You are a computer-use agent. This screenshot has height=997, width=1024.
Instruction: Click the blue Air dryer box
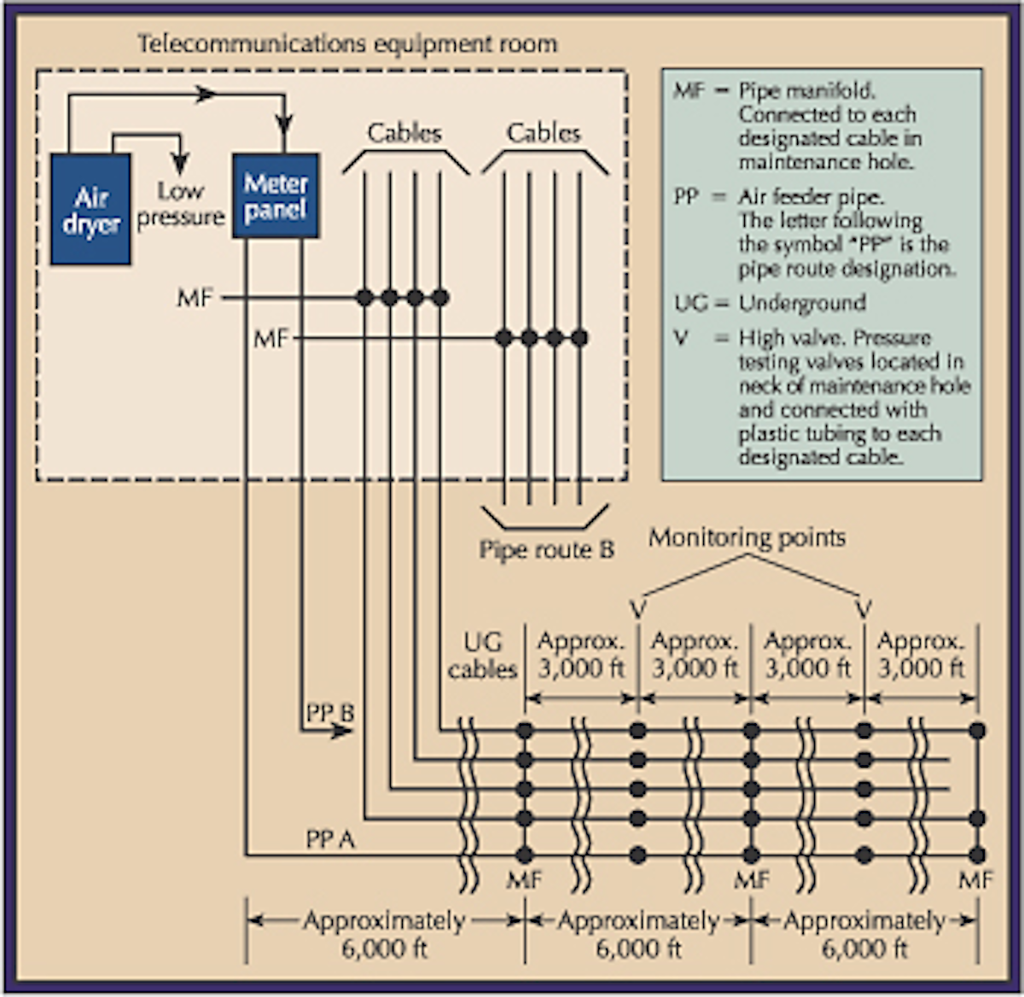click(x=90, y=209)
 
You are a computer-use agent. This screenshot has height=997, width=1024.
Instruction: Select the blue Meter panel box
click(x=276, y=196)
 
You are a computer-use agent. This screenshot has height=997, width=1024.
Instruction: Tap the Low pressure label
click(x=180, y=205)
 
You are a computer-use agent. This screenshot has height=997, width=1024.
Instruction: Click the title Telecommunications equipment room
click(x=347, y=43)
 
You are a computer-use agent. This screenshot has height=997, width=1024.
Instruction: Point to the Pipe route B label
click(x=546, y=550)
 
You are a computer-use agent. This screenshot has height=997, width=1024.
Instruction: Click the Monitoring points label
click(x=747, y=537)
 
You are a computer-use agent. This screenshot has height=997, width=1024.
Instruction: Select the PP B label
click(x=329, y=712)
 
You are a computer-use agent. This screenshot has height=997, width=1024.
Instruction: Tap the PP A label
click(x=329, y=840)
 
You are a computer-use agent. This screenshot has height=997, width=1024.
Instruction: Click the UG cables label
click(x=482, y=656)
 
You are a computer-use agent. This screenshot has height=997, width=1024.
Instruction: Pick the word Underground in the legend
click(x=802, y=304)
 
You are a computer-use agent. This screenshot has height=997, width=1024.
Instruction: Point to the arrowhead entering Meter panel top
click(x=285, y=125)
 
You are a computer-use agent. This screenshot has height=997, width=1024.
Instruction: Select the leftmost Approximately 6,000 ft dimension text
click(x=384, y=934)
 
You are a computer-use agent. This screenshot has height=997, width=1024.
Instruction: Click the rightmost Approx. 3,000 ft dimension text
click(x=921, y=655)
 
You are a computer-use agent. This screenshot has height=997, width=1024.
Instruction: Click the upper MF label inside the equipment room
click(x=195, y=299)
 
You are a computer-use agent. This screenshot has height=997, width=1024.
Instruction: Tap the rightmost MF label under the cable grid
click(x=975, y=879)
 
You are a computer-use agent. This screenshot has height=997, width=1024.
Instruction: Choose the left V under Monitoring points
click(x=638, y=609)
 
